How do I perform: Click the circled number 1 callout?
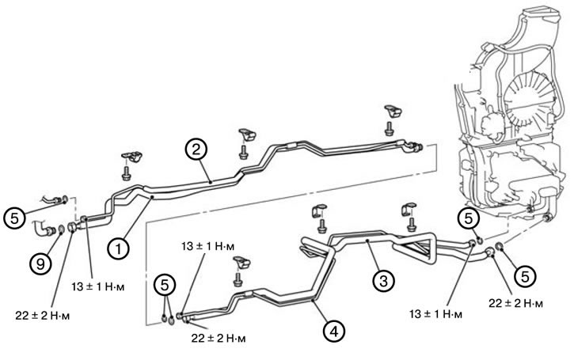[118, 249]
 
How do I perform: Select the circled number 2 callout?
[196, 150]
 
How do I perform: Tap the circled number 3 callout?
[384, 281]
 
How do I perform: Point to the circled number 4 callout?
[334, 332]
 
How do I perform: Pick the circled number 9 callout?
[40, 263]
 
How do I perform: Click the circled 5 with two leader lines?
[165, 285]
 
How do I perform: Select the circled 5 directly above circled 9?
[14, 218]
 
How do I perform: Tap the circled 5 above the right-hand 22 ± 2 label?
[525, 276]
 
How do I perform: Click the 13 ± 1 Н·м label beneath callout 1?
[97, 286]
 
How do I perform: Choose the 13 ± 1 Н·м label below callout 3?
[435, 314]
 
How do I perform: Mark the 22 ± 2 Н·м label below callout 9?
[43, 316]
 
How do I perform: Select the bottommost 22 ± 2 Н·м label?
[219, 338]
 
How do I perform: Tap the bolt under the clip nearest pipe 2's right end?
[390, 129]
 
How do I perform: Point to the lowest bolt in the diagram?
[238, 279]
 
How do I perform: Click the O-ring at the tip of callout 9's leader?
[62, 229]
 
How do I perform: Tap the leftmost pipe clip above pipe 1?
[131, 156]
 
